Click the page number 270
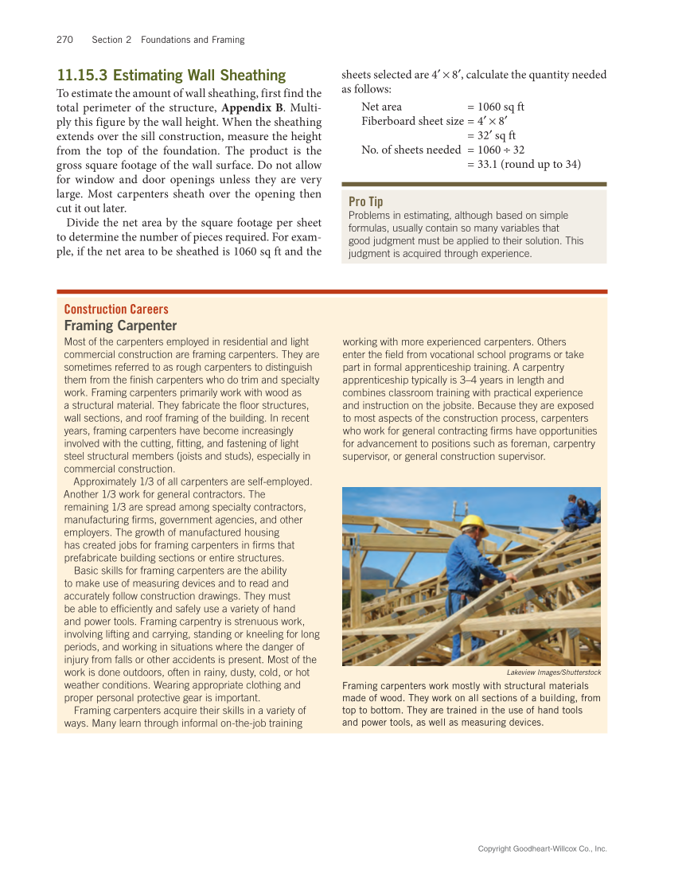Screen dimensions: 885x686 pos(65,40)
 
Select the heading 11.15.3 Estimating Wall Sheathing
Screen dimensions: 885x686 pos(171,76)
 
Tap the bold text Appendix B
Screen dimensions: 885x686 pos(251,107)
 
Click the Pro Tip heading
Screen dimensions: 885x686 pos(366,202)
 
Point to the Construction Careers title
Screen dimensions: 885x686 pos(116,310)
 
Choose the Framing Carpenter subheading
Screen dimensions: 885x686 pos(120,326)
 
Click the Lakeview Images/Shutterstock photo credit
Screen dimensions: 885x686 pos(553,673)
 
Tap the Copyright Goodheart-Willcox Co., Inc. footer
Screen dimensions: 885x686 pos(542,849)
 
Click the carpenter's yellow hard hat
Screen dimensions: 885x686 pos(474,522)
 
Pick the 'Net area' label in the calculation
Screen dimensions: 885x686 pos(382,107)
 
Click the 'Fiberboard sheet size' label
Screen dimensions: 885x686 pos(412,121)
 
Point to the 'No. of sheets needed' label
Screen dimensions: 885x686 pos(411,150)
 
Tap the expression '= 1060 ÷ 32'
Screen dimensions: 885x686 pos(496,150)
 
